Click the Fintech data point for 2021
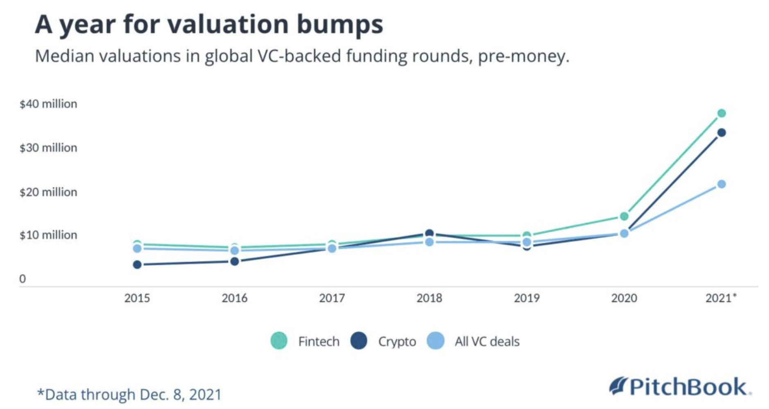point(722,113)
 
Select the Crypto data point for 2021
point(722,133)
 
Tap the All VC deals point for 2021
point(722,184)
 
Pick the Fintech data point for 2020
point(624,216)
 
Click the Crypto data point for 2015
point(137,265)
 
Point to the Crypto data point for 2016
point(235,261)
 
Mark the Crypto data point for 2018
point(429,233)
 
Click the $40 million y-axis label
point(48,104)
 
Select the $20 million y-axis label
point(48,192)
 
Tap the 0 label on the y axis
point(23,279)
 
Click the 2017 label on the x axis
point(332,298)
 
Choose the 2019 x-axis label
point(527,298)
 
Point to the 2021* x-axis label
point(720,298)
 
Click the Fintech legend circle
point(279,341)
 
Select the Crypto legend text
point(397,342)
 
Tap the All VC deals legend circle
point(435,341)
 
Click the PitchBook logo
point(680,387)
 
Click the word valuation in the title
point(228,24)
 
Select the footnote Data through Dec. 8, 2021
point(129,394)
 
